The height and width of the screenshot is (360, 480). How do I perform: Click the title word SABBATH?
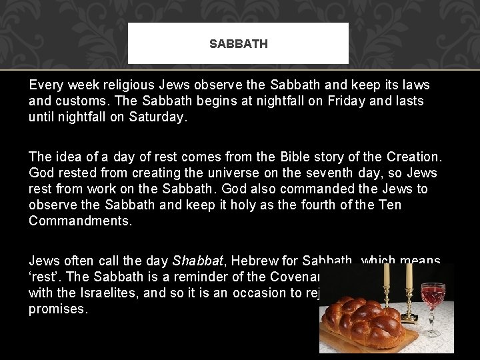(x=238, y=44)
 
